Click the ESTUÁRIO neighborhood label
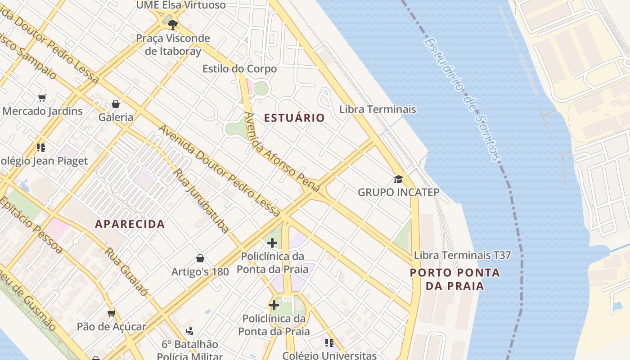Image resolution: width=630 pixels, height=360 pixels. [294, 118]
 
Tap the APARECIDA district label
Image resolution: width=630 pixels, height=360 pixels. [130, 224]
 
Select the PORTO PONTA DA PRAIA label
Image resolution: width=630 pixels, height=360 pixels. [454, 279]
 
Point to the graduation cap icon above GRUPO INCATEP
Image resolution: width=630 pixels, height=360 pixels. [398, 180]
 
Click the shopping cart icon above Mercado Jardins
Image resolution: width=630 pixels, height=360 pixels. [42, 98]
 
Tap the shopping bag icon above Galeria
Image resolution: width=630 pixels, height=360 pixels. [116, 104]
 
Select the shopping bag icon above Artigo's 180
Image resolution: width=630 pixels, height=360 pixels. [200, 258]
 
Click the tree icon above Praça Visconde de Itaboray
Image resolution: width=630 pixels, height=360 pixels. [173, 25]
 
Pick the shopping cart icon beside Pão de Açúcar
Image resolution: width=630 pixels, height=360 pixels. [111, 313]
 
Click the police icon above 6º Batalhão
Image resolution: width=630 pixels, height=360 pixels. [189, 331]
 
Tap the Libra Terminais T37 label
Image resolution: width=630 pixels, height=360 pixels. [462, 255]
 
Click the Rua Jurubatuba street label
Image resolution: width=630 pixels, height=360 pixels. [202, 201]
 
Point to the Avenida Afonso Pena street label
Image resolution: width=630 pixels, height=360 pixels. [281, 152]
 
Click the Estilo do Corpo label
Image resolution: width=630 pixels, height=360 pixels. [239, 69]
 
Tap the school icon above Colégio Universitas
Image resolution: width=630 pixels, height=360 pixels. [329, 343]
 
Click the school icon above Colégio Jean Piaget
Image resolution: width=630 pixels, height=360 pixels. [41, 147]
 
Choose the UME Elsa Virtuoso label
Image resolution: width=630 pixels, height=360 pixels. [181, 5]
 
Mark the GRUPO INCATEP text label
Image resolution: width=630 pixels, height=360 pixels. [398, 192]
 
